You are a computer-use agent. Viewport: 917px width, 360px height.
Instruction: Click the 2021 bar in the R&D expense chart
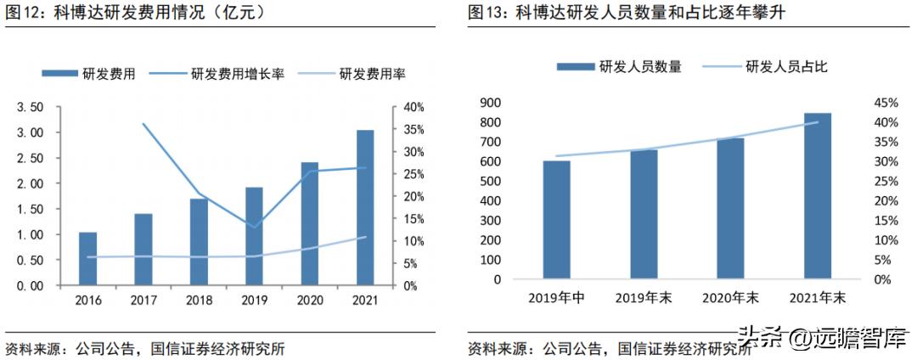(x=364, y=207)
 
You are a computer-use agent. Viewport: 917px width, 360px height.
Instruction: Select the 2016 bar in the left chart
(x=87, y=258)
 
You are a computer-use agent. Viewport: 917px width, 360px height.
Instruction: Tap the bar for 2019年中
(x=556, y=219)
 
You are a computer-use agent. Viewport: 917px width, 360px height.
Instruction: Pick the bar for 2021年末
(x=817, y=195)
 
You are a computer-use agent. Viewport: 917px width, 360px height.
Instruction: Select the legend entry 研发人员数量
(x=620, y=66)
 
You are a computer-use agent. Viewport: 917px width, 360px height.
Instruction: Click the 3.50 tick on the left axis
(x=29, y=107)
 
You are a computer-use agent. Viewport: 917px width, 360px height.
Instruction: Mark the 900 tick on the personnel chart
(x=490, y=103)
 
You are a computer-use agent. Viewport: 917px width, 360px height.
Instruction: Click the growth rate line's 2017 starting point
(x=143, y=124)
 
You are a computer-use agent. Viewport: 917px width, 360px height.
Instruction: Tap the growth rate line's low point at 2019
(x=254, y=227)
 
